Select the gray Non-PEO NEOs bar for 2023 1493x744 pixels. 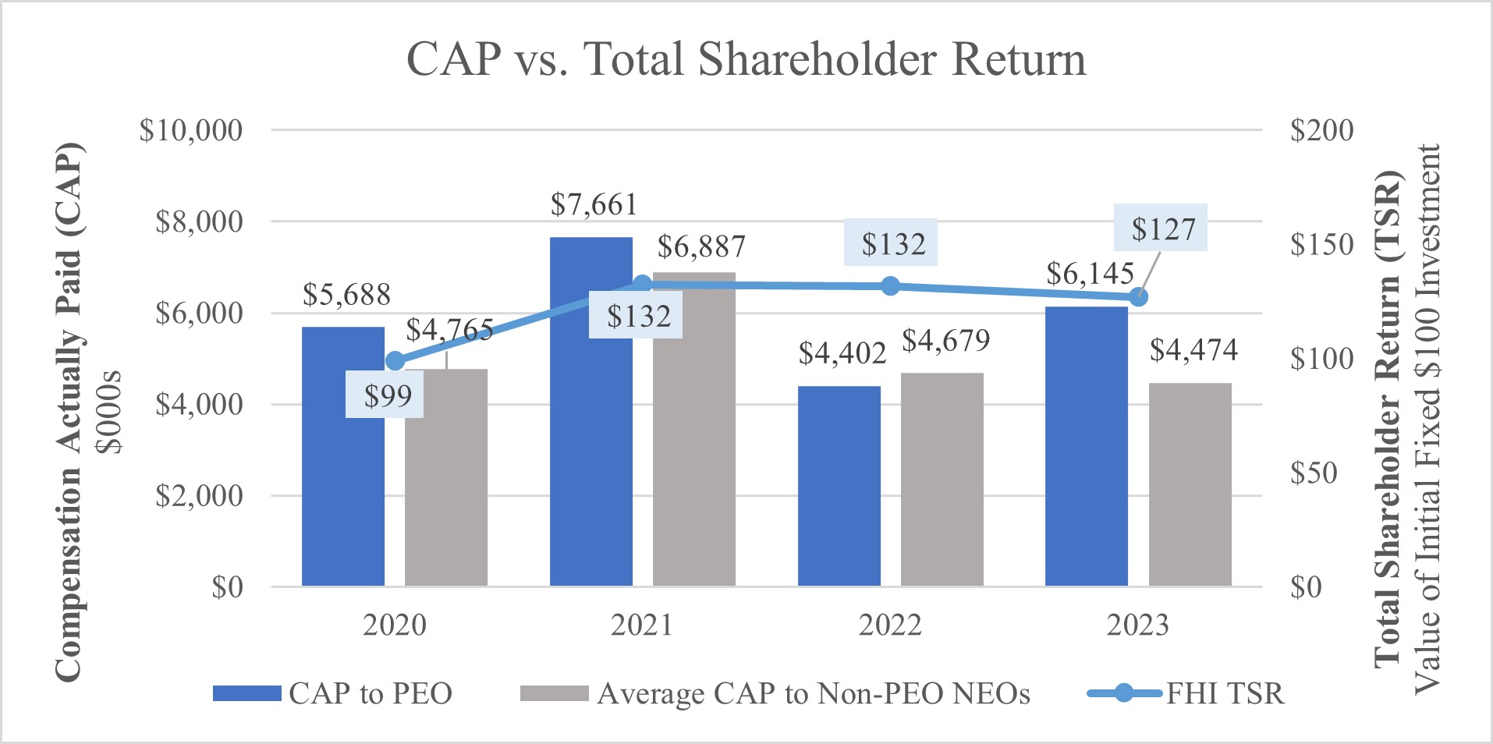pyautogui.click(x=1190, y=484)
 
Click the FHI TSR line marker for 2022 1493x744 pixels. pyautogui.click(x=890, y=286)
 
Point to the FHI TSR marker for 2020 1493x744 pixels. pyautogui.click(x=395, y=361)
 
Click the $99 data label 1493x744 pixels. pyautogui.click(x=388, y=396)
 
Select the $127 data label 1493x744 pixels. pyautogui.click(x=1162, y=229)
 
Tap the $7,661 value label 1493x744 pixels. pyautogui.click(x=594, y=205)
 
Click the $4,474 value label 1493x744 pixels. pyautogui.click(x=1193, y=350)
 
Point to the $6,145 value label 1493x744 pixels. pyautogui.click(x=1090, y=274)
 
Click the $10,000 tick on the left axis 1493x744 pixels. pyautogui.click(x=191, y=130)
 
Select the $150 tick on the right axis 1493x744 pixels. pyautogui.click(x=1321, y=244)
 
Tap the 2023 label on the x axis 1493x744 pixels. pyautogui.click(x=1137, y=625)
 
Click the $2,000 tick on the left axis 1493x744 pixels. pyautogui.click(x=199, y=495)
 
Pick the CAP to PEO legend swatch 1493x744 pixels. pyautogui.click(x=246, y=693)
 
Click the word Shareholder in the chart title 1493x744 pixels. pyautogui.click(x=817, y=59)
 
